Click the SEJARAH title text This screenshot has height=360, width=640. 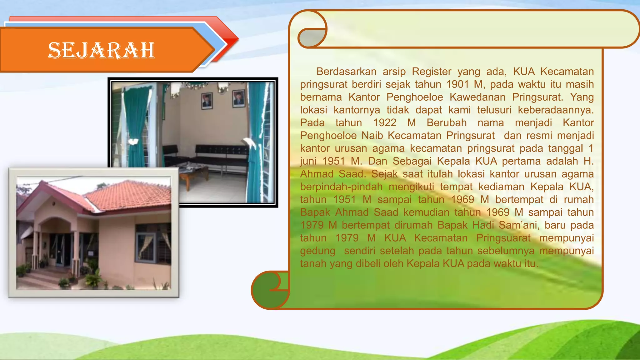[101, 50]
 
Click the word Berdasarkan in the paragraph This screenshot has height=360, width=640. [346, 72]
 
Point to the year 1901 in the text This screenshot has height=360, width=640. [457, 84]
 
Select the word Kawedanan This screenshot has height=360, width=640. [477, 97]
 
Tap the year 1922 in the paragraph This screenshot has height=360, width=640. [385, 123]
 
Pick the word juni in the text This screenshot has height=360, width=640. [308, 161]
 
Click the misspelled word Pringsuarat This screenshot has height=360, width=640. [503, 238]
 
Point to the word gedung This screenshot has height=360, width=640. [317, 251]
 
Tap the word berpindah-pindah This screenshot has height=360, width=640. [341, 187]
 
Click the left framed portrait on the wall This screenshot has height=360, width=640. [207, 101]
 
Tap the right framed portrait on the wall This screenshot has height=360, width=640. [239, 98]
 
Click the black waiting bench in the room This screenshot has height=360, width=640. [219, 153]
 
